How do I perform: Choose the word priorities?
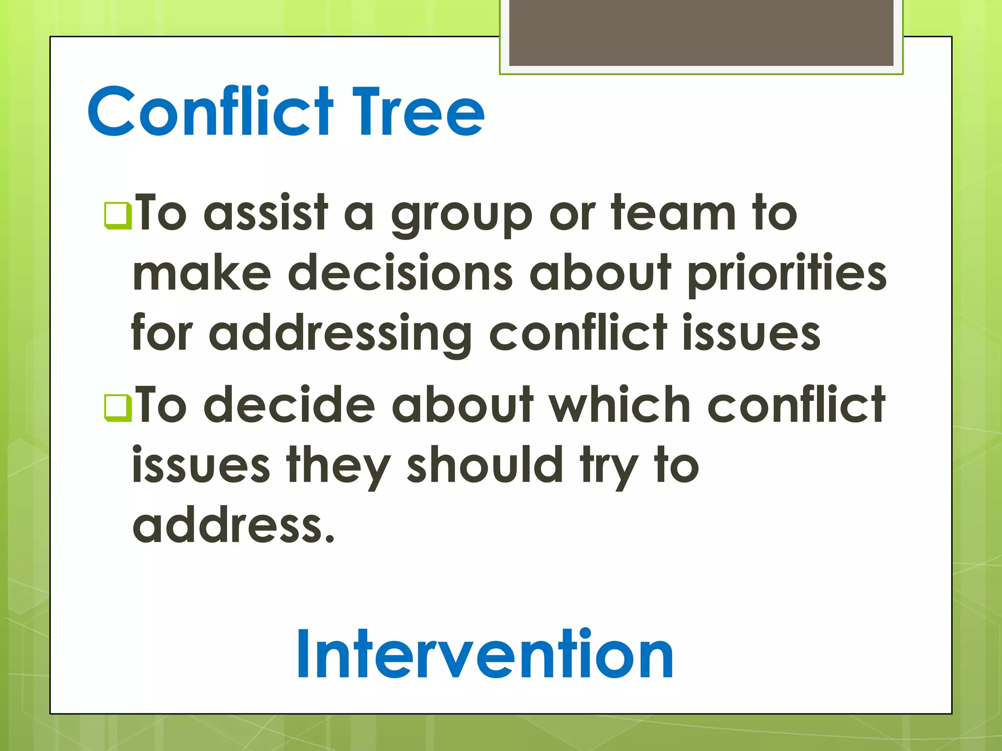coord(787,274)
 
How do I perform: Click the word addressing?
coord(341,335)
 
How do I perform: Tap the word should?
coord(485,464)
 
